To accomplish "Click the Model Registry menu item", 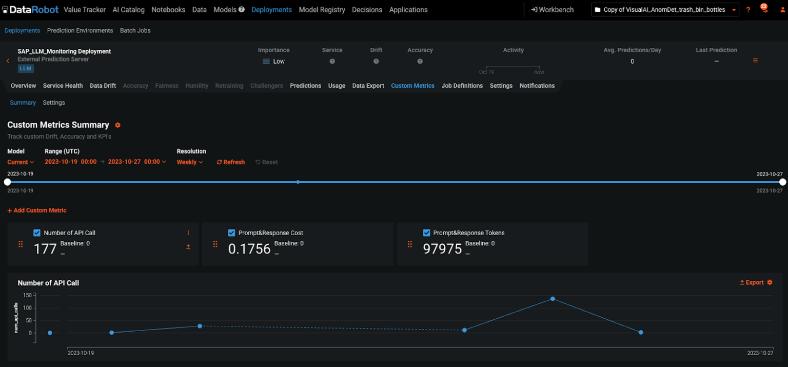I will click(x=322, y=10).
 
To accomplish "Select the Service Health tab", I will click(x=63, y=86).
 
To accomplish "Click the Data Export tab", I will click(x=368, y=86).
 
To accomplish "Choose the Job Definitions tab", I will click(x=462, y=86).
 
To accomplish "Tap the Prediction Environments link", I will click(x=80, y=31).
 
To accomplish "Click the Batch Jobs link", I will click(x=135, y=31).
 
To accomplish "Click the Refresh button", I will click(x=230, y=162).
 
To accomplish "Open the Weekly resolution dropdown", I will click(x=190, y=162).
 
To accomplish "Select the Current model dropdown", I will click(x=21, y=162).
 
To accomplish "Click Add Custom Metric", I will click(x=37, y=210).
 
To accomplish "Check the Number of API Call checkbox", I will click(x=37, y=233).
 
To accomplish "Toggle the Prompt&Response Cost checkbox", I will click(x=231, y=233).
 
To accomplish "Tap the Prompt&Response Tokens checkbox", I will click(x=426, y=233).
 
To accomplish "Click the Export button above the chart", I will click(x=752, y=283).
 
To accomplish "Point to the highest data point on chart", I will click(x=553, y=299).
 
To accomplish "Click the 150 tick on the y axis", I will click(x=27, y=295).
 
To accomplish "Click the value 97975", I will click(x=442, y=249).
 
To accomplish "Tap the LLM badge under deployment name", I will click(x=26, y=68).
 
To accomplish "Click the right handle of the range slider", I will click(x=782, y=182).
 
